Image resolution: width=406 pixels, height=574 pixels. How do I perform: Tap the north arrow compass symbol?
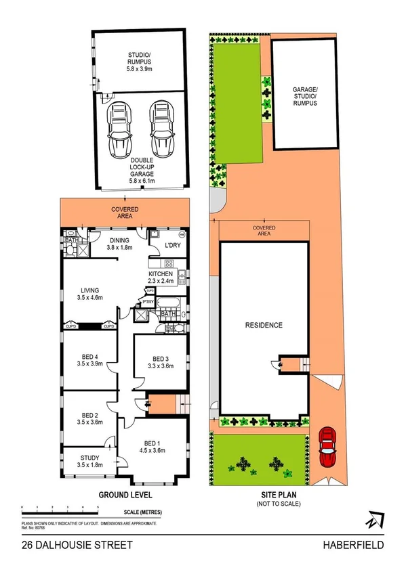pyautogui.click(x=373, y=520)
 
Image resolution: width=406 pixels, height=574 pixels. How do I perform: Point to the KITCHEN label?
pyautogui.click(x=161, y=276)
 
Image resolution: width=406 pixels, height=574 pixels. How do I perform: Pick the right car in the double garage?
pyautogui.click(x=161, y=129)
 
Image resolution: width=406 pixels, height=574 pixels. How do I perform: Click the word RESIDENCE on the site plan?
pyautogui.click(x=264, y=325)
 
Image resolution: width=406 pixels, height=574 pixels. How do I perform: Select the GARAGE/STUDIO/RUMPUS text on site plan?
pyautogui.click(x=305, y=95)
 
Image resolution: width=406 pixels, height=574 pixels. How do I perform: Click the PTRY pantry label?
pyautogui.click(x=147, y=303)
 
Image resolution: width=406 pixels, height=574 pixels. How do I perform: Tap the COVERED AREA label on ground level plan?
pyautogui.click(x=125, y=213)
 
